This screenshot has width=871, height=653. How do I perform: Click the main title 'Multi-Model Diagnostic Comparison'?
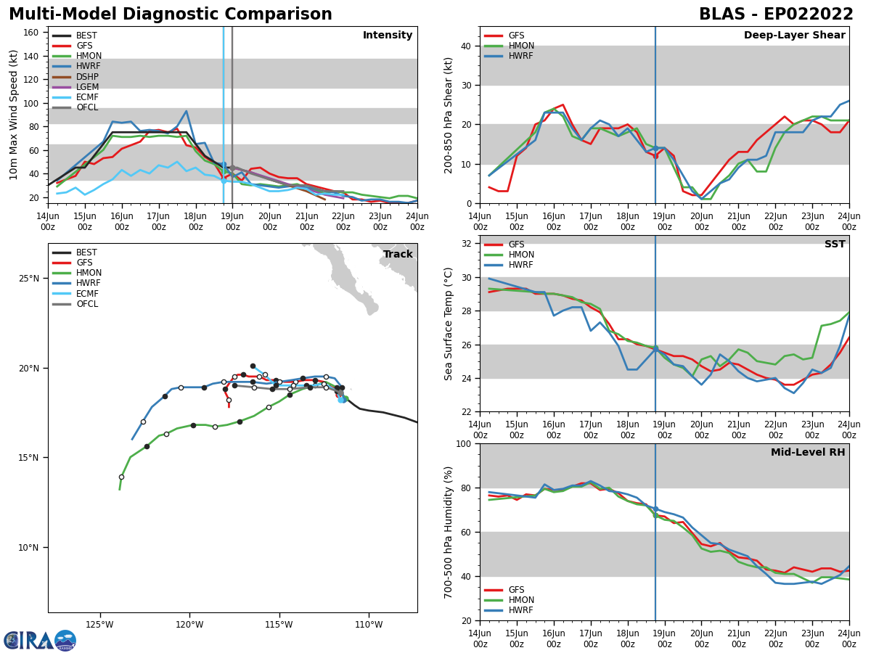(x=171, y=15)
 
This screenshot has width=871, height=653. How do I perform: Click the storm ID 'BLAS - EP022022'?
(x=776, y=15)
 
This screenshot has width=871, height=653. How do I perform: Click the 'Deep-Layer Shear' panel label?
(x=794, y=36)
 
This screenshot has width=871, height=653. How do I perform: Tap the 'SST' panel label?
(x=834, y=245)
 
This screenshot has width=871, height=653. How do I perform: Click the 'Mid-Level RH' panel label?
(x=808, y=453)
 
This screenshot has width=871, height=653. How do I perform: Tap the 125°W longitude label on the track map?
(x=99, y=625)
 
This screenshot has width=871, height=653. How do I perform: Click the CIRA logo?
(x=40, y=640)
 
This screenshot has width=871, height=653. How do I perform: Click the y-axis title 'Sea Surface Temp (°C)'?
(x=449, y=324)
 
